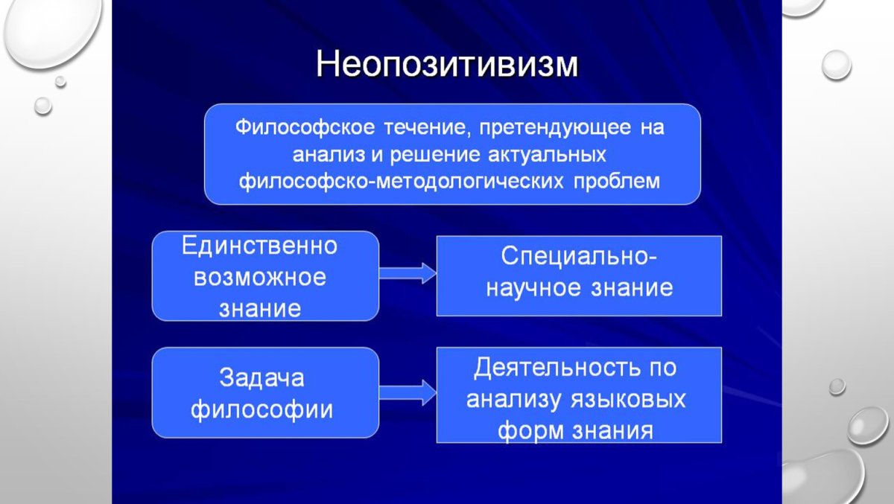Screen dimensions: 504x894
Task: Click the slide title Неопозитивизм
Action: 447,64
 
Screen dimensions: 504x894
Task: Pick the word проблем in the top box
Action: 617,181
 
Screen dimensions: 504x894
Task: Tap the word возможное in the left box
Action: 260,277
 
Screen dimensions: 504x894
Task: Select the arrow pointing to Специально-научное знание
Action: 408,273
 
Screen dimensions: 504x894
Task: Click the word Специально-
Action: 579,256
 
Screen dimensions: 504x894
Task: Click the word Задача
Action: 261,377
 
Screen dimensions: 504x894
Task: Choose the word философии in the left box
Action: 261,409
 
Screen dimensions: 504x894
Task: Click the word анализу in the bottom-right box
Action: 513,399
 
